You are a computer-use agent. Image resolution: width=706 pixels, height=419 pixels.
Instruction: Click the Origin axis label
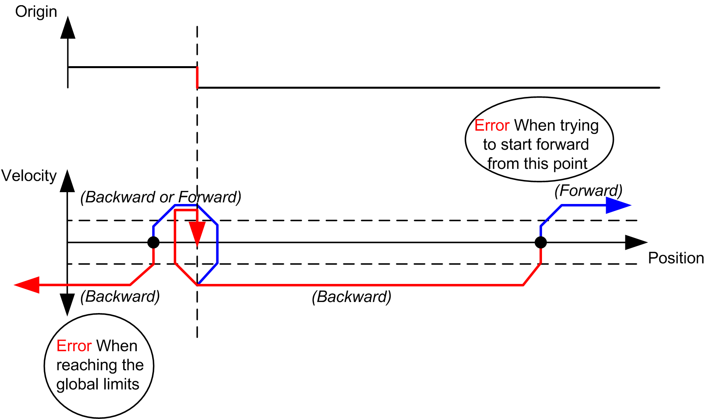click(36, 12)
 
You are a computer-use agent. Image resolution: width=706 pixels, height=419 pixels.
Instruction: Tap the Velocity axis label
click(29, 176)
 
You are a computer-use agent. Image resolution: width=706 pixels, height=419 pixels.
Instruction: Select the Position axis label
click(676, 258)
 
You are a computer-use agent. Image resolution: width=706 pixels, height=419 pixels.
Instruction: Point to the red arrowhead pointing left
click(28, 285)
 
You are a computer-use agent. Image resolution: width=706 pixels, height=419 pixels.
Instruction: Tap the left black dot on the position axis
click(153, 242)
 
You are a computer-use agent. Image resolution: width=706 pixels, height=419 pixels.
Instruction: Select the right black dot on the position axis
click(541, 242)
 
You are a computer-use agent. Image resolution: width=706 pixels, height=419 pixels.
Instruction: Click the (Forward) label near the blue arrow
click(588, 191)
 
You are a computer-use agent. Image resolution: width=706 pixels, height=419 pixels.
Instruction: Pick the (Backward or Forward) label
click(161, 197)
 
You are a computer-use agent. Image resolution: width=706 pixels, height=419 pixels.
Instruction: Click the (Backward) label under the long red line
click(352, 297)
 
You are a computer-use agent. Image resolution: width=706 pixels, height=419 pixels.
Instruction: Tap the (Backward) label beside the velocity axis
click(120, 297)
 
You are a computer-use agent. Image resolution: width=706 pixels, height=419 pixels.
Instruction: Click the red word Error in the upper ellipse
click(492, 126)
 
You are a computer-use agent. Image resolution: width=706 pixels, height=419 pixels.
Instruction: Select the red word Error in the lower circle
click(74, 346)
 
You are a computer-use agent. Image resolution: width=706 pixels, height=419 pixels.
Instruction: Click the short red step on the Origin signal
click(197, 78)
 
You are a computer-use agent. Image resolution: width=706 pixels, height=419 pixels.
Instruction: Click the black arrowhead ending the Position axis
click(636, 242)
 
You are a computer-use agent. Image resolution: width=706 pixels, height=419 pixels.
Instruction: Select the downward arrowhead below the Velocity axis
click(67, 304)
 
